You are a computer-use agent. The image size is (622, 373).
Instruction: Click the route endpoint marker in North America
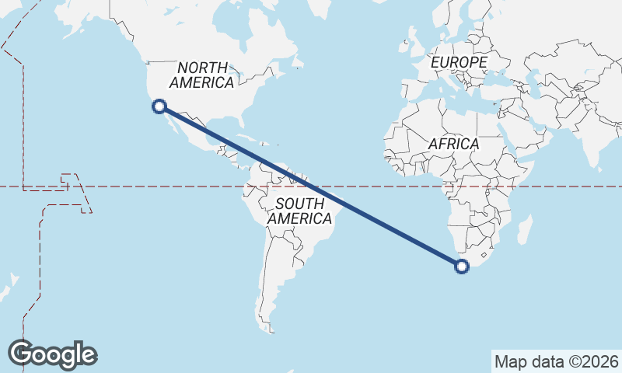tap(159, 106)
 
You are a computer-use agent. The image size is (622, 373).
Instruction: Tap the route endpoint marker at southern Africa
tap(462, 267)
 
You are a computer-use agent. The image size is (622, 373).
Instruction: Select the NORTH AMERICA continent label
tap(201, 75)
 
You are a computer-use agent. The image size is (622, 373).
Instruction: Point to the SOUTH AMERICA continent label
tap(299, 211)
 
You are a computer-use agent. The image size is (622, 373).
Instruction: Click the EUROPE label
tap(459, 62)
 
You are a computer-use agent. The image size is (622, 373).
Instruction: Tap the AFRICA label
tap(453, 145)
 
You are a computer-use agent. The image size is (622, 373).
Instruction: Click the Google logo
tap(52, 354)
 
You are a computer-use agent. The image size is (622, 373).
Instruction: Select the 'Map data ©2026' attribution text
tap(556, 361)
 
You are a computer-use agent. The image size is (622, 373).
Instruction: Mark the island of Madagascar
tap(525, 232)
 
